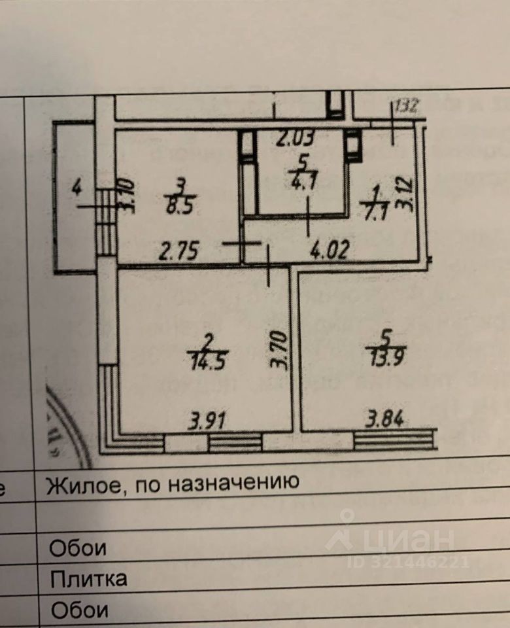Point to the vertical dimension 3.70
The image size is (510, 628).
tap(280, 351)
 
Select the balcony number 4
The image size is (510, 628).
tap(76, 190)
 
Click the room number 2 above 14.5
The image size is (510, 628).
tap(207, 340)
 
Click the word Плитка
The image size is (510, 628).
tap(88, 578)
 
